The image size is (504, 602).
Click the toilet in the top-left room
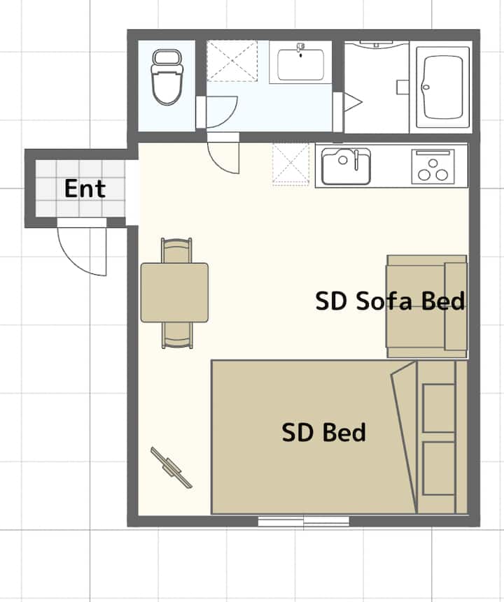coord(167,77)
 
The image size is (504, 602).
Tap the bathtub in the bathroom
coord(442,87)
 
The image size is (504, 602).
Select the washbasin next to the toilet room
coord(300,62)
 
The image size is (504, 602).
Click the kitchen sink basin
coord(346,166)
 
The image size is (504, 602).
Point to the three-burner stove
coord(433,166)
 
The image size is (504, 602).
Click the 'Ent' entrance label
coord(85,189)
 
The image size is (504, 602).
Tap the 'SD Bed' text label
coord(323,432)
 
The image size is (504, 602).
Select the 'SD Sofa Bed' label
coord(390,301)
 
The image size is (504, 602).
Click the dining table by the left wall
coord(174,292)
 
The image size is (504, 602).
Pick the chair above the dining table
coord(176,250)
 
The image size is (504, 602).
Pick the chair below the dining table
coord(177,335)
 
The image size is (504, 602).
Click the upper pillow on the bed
coord(439,408)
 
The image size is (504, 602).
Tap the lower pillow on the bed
coord(439,468)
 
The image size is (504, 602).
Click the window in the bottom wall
coord(304,521)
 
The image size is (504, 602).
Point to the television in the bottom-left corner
coord(171,467)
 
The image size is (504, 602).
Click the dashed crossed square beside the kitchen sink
coord(291,164)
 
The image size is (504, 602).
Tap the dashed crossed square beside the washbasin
coord(232,61)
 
